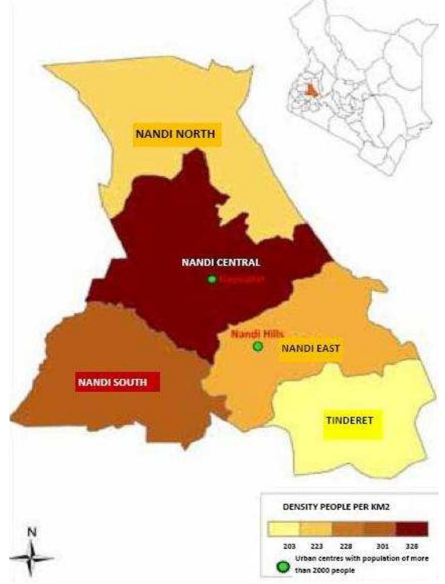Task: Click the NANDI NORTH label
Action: [x=176, y=134]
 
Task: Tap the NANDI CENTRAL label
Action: [x=221, y=263]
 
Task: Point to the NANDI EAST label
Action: [x=310, y=349]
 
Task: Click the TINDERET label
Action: [x=350, y=421]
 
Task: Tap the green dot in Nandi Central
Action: [x=212, y=280]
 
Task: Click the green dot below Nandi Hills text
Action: [x=258, y=347]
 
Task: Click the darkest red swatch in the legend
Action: [x=412, y=529]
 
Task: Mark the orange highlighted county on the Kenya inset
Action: [x=311, y=90]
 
